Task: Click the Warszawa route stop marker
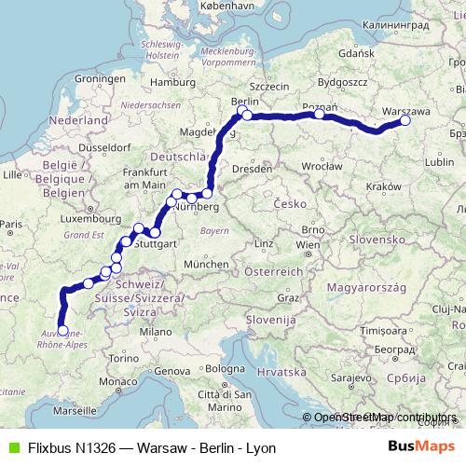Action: [x=405, y=120]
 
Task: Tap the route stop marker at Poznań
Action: [x=319, y=114]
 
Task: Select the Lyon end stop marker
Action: [x=62, y=330]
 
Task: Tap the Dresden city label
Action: [x=253, y=169]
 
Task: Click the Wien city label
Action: [x=306, y=244]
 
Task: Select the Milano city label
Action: [x=151, y=331]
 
